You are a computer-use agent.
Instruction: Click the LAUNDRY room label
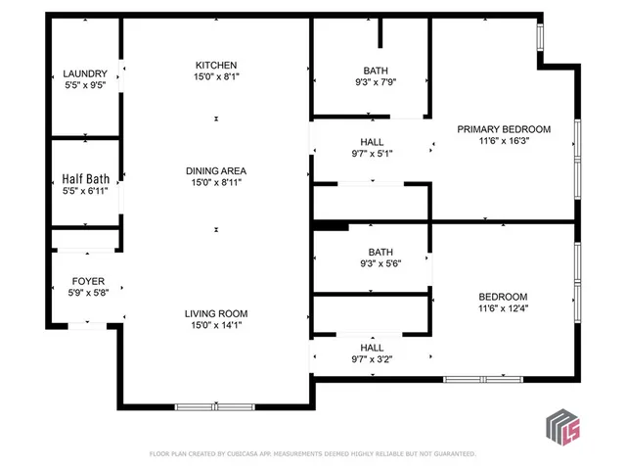pyautogui.click(x=84, y=73)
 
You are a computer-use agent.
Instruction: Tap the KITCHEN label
pyautogui.click(x=216, y=65)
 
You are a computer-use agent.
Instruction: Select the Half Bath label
pyautogui.click(x=85, y=179)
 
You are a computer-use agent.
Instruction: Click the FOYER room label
pyautogui.click(x=86, y=281)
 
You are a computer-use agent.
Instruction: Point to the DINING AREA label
pyautogui.click(x=216, y=170)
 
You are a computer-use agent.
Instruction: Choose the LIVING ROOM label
pyautogui.click(x=216, y=313)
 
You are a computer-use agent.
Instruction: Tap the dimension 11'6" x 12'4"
pyautogui.click(x=504, y=308)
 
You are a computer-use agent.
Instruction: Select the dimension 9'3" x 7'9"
pyautogui.click(x=375, y=82)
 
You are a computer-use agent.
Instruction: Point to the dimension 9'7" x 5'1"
pyautogui.click(x=372, y=153)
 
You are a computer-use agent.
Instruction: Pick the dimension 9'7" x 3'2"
pyautogui.click(x=372, y=358)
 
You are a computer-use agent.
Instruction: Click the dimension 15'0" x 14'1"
pyautogui.click(x=216, y=325)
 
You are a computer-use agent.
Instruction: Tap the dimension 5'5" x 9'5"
pyautogui.click(x=84, y=85)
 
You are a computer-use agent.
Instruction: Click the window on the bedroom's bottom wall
pyautogui.click(x=483, y=379)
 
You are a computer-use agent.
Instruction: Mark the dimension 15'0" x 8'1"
pyautogui.click(x=216, y=76)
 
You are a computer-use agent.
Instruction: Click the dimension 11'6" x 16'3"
pyautogui.click(x=504, y=140)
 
